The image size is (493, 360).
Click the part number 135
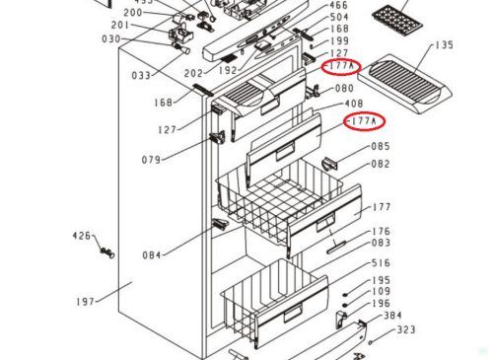coord(445,44)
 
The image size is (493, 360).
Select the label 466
coord(338,5)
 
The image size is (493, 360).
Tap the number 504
coord(338,18)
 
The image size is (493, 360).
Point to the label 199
coord(338,41)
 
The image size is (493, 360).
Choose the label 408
coord(352,103)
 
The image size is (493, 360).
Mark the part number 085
coord(381,148)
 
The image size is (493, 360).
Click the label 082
coord(381,164)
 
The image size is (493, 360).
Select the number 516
coord(381,263)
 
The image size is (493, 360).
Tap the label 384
coord(391,316)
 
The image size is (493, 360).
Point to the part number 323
coord(406,329)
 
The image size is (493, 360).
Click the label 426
coord(81,236)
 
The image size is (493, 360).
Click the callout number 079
coord(151,160)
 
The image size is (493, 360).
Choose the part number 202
coord(193,72)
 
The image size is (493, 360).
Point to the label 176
coord(381,232)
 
